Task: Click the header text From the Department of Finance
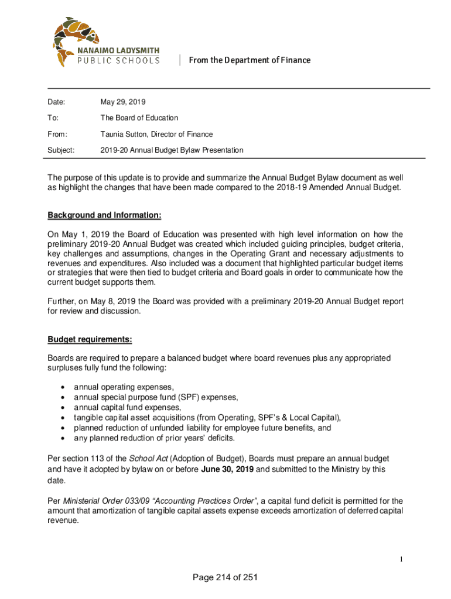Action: (250, 60)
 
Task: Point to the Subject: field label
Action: (61, 150)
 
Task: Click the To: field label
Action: (53, 118)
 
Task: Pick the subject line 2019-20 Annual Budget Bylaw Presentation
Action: (171, 150)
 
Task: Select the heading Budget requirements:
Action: (90, 339)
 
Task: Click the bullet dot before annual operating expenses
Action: (62, 387)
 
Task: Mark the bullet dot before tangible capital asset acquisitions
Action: (62, 418)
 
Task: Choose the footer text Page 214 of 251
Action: (225, 578)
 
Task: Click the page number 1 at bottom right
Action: (401, 560)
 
